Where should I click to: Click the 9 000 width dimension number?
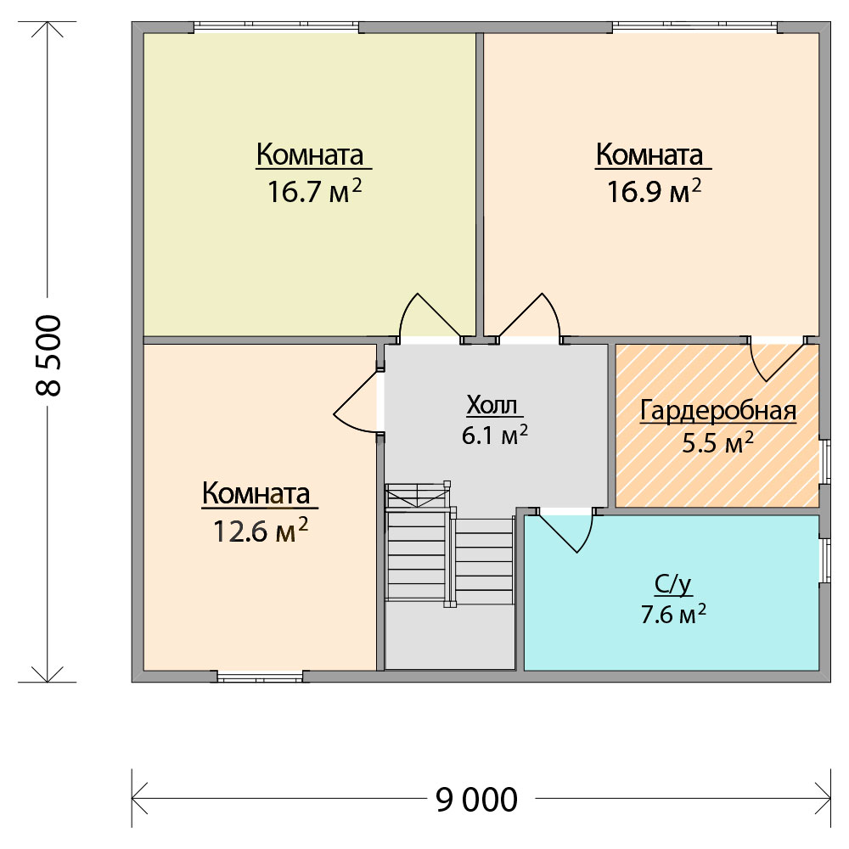point(476,799)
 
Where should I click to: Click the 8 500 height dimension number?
point(48,355)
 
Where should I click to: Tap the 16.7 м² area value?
point(315,191)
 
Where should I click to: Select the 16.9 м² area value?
point(654,191)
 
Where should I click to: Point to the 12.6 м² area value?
point(261,531)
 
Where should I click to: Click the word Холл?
point(492,405)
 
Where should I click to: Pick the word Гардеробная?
point(718,411)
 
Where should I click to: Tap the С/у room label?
point(673,585)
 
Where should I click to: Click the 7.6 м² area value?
point(673,614)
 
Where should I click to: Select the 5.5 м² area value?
point(717,442)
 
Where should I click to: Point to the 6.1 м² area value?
point(494,435)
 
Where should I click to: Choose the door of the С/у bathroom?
point(566,532)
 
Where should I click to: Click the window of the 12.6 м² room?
point(260,677)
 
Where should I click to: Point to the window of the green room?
point(276,27)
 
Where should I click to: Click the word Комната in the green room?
point(310,155)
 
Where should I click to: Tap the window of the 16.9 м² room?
point(695,27)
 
